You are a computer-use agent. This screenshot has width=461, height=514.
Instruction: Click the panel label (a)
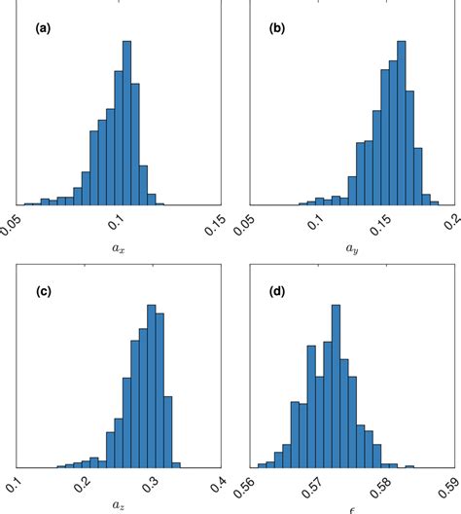43,29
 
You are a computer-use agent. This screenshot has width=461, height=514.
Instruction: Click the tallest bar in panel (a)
125,123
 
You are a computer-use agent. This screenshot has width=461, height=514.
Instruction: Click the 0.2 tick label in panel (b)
449,219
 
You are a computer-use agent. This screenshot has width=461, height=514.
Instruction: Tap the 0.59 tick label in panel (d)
447,484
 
